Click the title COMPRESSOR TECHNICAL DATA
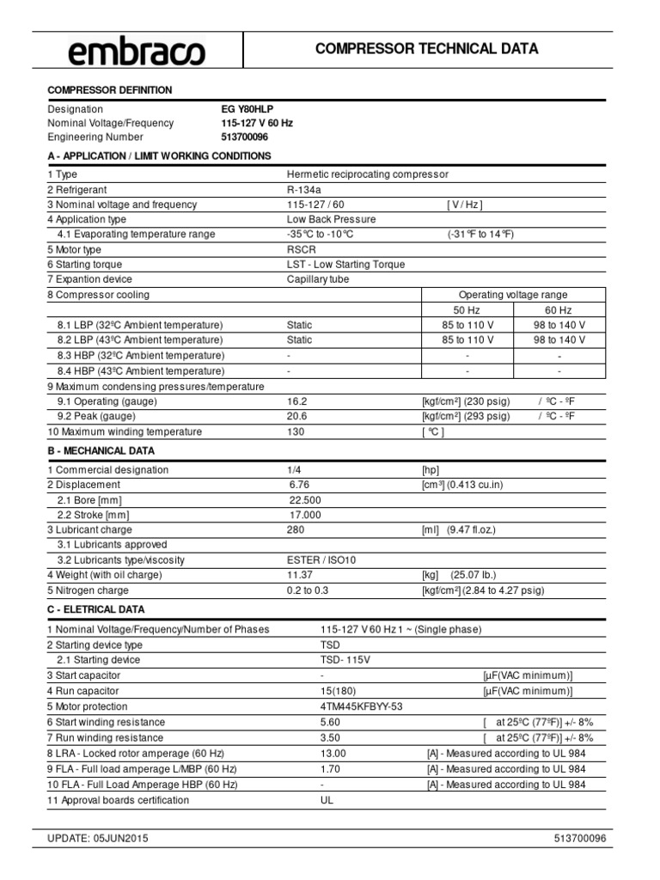click(x=427, y=49)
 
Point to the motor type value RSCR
click(x=302, y=249)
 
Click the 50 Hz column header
click(x=467, y=309)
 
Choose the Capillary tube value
click(x=318, y=279)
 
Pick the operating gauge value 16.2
click(x=296, y=401)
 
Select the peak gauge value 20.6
click(x=296, y=416)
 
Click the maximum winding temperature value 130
click(x=296, y=431)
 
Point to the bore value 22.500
click(x=305, y=500)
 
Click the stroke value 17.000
click(x=305, y=515)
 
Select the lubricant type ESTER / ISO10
click(x=321, y=560)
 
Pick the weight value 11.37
click(x=301, y=575)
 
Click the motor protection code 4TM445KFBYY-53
click(x=360, y=706)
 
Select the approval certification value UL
click(x=326, y=800)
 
